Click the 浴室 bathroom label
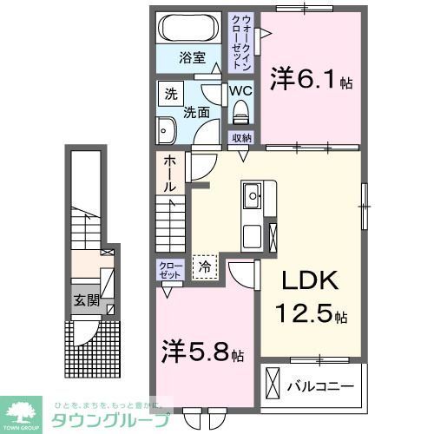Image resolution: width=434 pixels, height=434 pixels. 192,58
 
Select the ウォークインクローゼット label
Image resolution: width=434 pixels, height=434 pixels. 241,41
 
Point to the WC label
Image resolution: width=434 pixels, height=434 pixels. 240,90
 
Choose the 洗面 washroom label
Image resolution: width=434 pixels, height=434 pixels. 196,112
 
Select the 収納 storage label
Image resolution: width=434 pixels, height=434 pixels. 241,138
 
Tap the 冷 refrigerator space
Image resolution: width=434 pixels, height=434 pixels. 206,266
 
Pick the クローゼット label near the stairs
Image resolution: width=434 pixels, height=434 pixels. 169,269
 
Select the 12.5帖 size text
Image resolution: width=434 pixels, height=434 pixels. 312,313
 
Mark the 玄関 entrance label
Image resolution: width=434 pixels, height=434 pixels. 85,302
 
